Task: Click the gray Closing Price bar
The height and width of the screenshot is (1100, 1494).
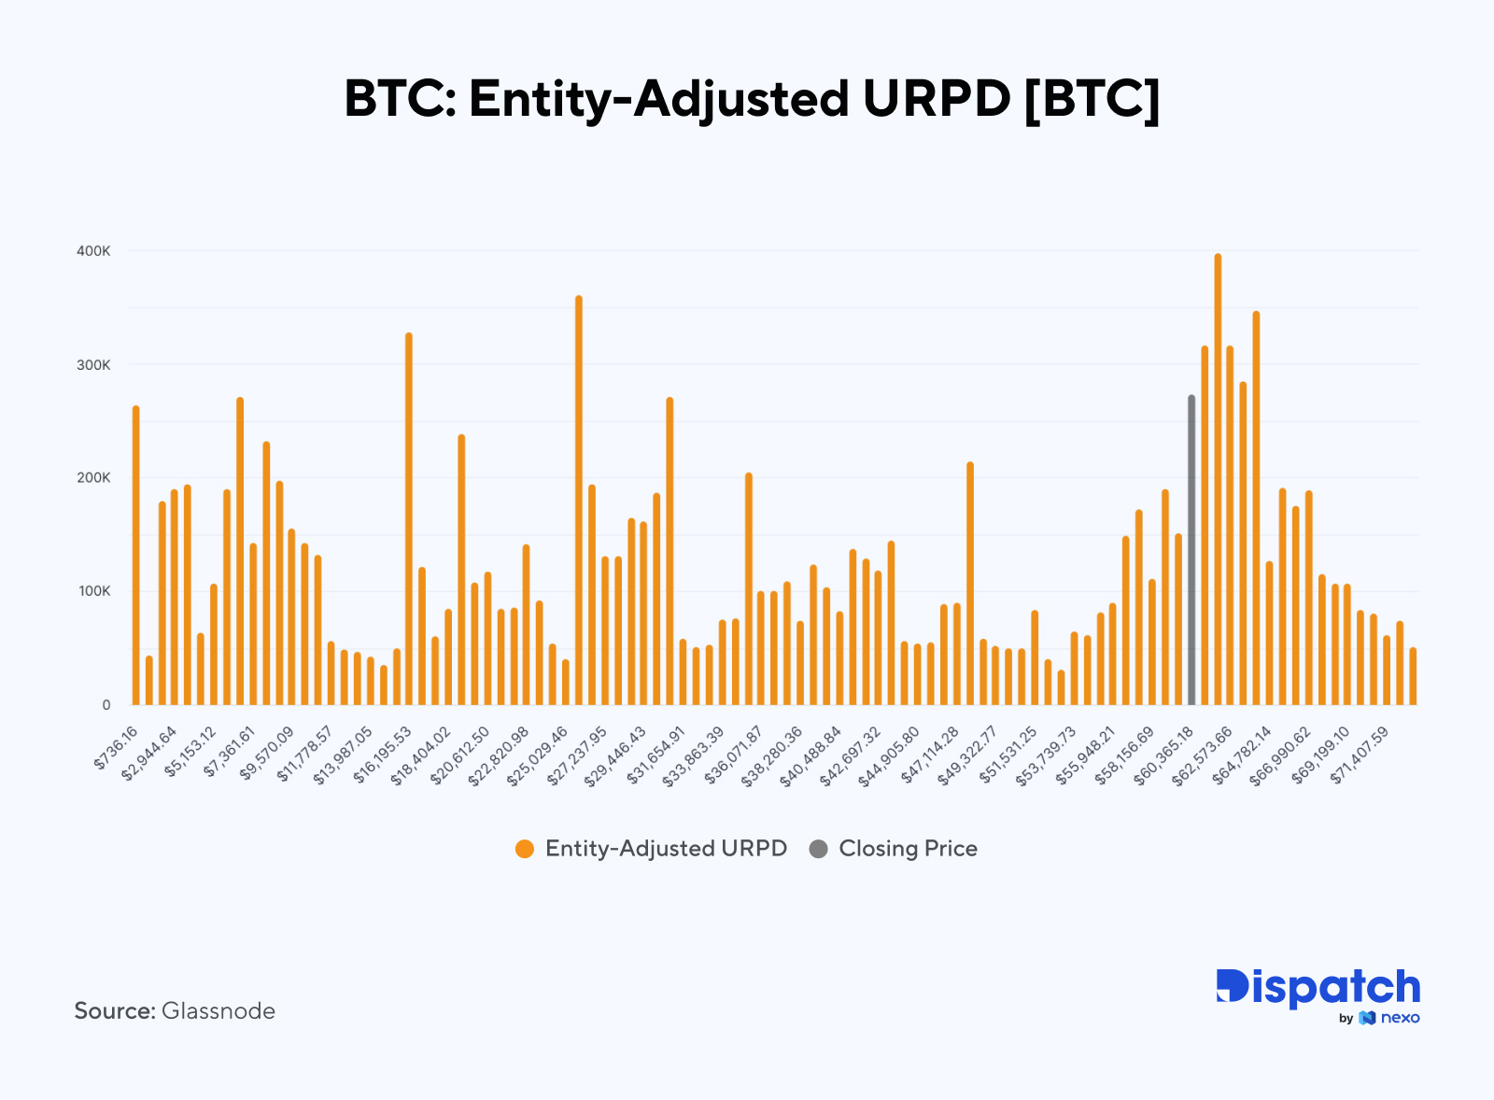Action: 1191,551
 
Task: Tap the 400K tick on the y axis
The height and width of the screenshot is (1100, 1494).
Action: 93,251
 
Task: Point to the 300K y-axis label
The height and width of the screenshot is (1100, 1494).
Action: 93,365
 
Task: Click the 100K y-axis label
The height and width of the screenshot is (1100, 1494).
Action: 93,591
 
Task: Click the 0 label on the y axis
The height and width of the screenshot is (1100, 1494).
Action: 106,705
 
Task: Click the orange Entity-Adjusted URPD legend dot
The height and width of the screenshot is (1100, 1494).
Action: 525,849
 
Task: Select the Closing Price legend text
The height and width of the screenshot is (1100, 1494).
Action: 908,849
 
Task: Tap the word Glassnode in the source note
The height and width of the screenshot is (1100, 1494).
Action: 218,1011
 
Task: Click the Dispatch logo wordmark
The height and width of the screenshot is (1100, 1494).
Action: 1318,988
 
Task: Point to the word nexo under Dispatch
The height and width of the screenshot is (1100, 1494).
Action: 1400,1018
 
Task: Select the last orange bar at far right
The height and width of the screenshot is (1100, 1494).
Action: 1413,676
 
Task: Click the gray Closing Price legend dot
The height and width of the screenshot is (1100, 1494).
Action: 819,849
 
